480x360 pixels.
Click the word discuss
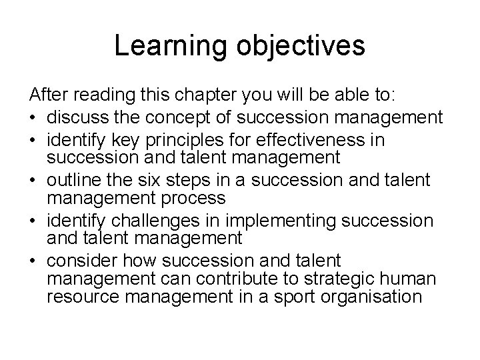click(74, 119)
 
